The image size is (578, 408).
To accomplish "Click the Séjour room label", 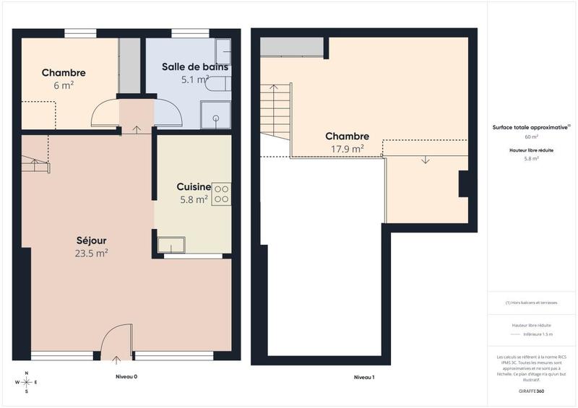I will coord(92,240).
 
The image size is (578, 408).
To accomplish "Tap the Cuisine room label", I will coord(194,186).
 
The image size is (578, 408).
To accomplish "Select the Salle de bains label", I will coord(195,66).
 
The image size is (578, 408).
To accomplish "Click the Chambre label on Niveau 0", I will coord(64,73).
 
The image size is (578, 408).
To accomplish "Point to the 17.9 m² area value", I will coord(347,149).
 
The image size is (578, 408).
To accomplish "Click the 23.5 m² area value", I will coord(92,253).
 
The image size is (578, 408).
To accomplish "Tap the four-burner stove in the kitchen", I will coord(221,194).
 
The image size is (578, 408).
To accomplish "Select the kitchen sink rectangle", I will coord(171,244).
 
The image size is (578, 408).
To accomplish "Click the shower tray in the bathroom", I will coord(215,114).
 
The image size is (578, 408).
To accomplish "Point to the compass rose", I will coord(27,382).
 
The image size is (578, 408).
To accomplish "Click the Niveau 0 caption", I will coord(126,377).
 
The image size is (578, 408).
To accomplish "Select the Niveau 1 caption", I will coord(363,377).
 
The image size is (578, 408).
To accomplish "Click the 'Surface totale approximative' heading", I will coord(530,126).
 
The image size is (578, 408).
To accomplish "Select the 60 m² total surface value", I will coord(531,136).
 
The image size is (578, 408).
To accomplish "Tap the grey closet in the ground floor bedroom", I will coord(129,65).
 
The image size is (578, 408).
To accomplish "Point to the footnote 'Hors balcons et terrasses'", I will coord(531,303).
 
